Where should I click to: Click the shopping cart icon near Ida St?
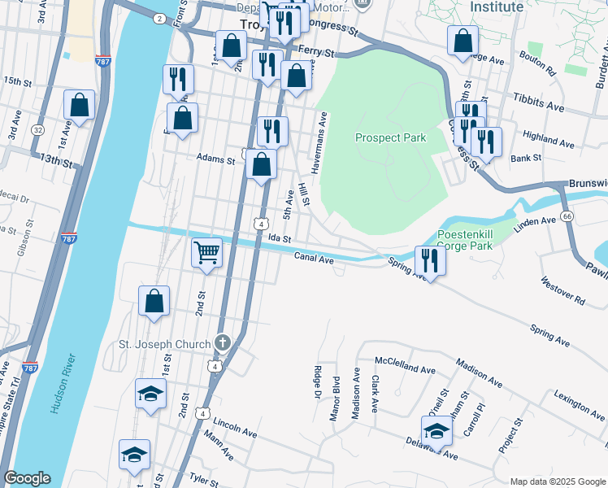(x=206, y=252)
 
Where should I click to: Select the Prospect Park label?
(x=390, y=137)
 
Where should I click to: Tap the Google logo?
(x=26, y=478)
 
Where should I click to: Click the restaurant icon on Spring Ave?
(x=429, y=260)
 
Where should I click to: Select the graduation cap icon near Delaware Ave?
(x=436, y=430)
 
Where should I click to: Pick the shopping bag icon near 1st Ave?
(x=79, y=105)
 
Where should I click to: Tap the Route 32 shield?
(x=38, y=130)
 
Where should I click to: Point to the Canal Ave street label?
(x=314, y=259)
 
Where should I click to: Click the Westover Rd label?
(x=562, y=291)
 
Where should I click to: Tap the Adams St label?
(x=215, y=160)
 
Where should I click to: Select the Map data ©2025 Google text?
(x=557, y=481)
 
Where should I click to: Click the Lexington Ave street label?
(x=580, y=403)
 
